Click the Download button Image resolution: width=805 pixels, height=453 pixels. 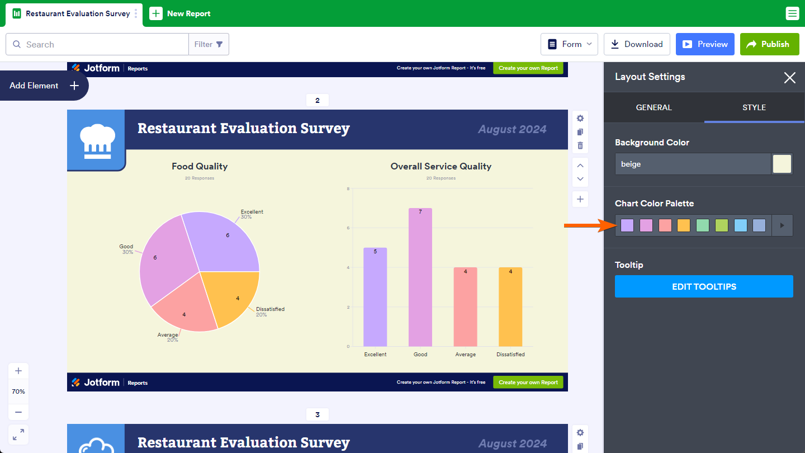637,44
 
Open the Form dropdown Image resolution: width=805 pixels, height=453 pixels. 569,44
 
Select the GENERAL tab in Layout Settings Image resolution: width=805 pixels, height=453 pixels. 654,107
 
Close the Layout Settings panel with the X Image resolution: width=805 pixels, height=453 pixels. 789,78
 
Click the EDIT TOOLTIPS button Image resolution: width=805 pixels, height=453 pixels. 704,286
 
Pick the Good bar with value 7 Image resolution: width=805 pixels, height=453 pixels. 420,277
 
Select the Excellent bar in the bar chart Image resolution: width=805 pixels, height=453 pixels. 375,297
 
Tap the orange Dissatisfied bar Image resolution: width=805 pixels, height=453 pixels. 510,306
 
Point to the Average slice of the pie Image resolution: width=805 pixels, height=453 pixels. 184,310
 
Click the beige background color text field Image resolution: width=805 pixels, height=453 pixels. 693,164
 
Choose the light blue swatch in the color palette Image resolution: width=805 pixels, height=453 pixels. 740,225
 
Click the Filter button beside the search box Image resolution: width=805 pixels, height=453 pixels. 209,44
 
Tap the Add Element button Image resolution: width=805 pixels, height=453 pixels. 44,86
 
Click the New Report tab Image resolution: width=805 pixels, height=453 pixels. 180,13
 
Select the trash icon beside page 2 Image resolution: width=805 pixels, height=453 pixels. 580,146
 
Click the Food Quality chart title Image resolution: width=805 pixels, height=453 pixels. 200,166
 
